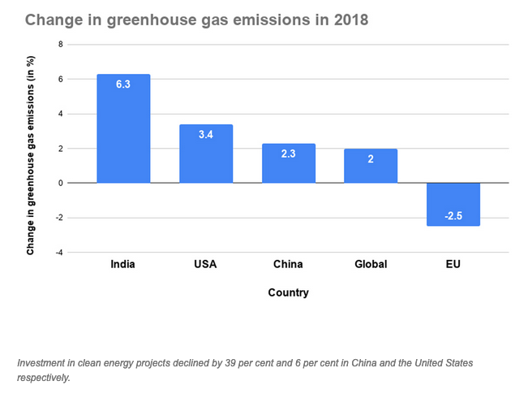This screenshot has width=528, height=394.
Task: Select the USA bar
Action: [206, 154]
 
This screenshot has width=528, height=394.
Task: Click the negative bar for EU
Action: [453, 204]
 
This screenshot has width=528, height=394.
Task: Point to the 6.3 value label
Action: [123, 84]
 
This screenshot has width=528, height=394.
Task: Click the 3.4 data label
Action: [206, 134]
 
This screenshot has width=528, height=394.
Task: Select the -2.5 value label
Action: [453, 216]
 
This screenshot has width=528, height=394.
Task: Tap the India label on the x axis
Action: [123, 264]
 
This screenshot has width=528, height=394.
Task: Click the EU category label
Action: [453, 264]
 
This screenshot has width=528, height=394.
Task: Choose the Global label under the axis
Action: [371, 264]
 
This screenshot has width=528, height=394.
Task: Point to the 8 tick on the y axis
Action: [60, 45]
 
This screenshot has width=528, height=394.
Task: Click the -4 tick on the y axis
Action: [58, 253]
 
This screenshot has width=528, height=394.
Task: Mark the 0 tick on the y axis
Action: [60, 184]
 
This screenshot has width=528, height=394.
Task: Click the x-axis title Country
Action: [288, 292]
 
